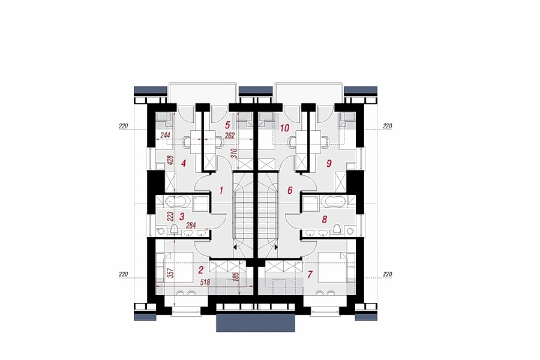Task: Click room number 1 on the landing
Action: coord(221,190)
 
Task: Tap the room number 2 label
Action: coord(201,269)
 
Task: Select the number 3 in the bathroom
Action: coord(182,217)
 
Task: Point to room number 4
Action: coord(184,163)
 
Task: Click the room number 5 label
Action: coord(227,124)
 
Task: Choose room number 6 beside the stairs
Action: coord(290,190)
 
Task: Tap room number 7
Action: coord(310,275)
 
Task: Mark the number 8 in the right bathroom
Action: coord(324,220)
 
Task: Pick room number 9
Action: coord(329,163)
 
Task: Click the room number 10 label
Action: coord(284,128)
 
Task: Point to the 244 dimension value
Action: coord(166,136)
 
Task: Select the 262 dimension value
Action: coord(229,136)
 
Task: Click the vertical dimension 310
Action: coord(233,153)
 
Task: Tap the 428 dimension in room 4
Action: coord(170,161)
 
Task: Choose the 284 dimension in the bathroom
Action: coord(191,226)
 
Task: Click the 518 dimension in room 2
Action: coord(205,282)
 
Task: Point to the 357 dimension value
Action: coord(170,273)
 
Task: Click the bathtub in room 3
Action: coord(176,201)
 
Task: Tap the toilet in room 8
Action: coord(337,229)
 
